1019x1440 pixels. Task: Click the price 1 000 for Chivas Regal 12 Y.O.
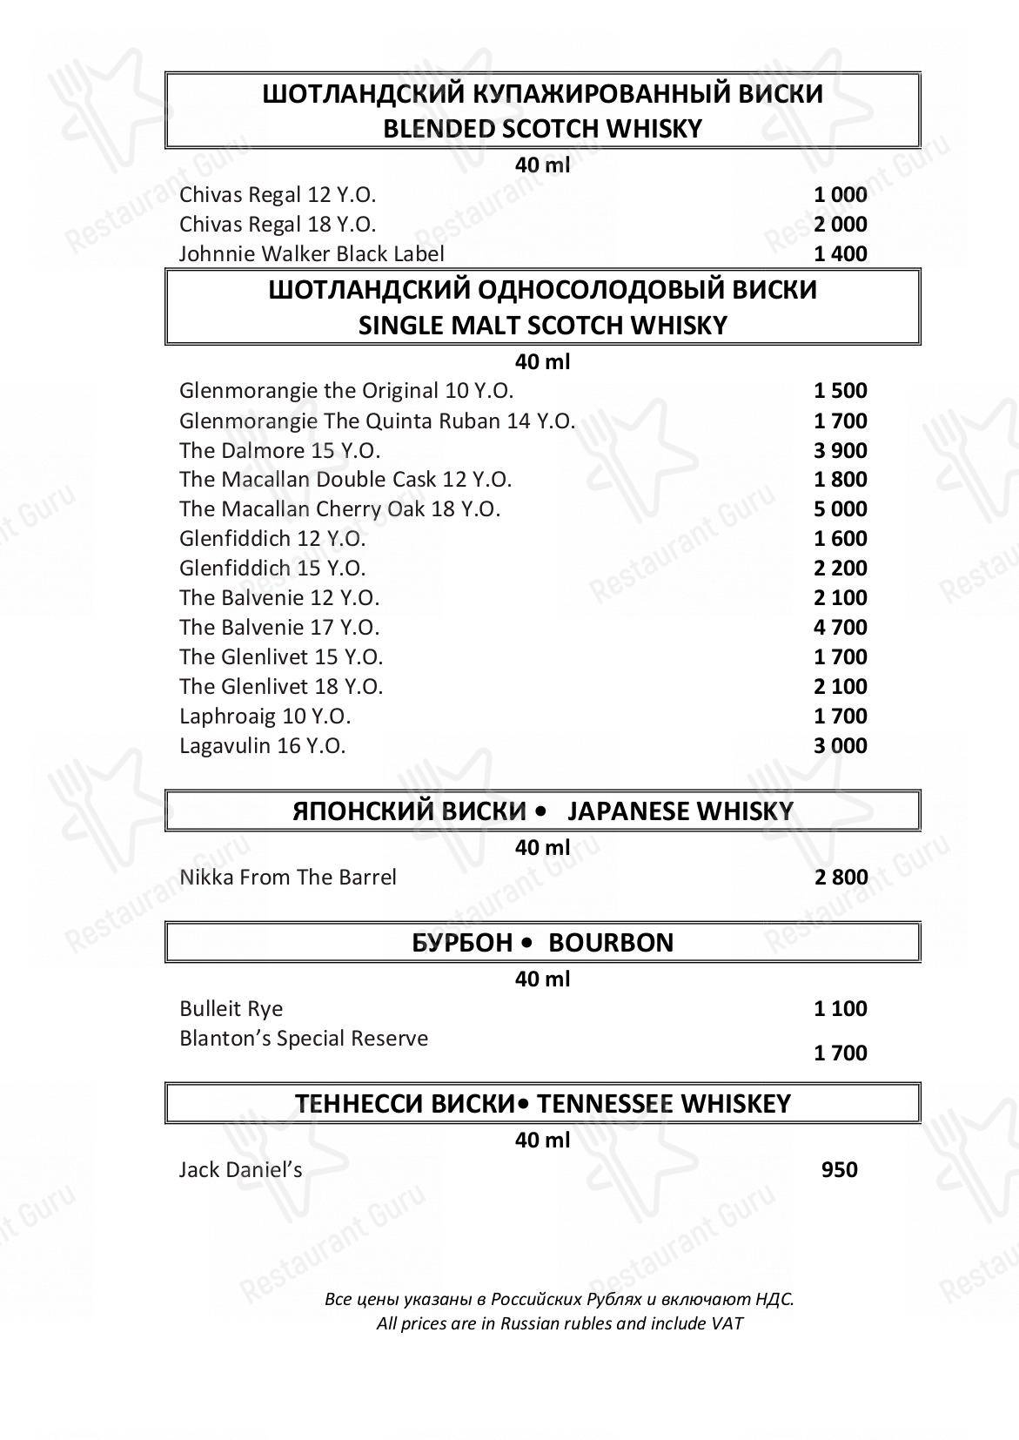point(840,195)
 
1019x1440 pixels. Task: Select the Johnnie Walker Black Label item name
point(312,254)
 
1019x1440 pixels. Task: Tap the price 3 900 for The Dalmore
point(840,451)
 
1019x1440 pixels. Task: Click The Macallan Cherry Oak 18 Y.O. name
point(339,509)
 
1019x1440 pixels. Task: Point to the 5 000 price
point(840,509)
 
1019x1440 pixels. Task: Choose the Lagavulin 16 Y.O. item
point(262,746)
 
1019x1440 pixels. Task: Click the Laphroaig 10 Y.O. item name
point(265,717)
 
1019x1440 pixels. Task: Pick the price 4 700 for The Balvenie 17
point(840,628)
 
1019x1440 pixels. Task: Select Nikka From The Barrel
point(287,878)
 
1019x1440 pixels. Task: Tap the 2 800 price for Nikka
point(841,878)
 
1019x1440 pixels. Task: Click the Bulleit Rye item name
point(231,1009)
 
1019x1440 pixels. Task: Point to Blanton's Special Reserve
point(304,1039)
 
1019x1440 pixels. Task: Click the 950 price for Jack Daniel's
point(839,1170)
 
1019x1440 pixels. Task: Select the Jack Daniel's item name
point(240,1170)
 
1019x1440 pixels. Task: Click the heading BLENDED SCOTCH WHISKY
point(542,130)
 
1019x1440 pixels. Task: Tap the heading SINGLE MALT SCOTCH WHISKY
point(542,326)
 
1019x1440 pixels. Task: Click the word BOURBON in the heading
point(611,943)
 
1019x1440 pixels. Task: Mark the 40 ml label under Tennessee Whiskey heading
point(542,1141)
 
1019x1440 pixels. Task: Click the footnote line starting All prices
point(560,1324)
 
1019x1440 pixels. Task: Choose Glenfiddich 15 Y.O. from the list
point(272,569)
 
